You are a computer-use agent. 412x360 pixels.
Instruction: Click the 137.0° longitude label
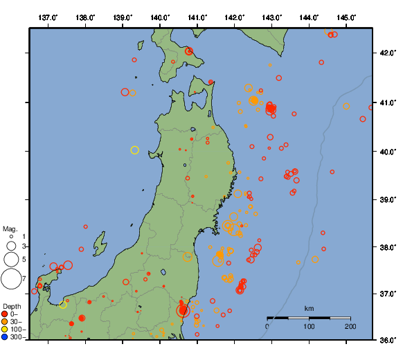click(x=48, y=17)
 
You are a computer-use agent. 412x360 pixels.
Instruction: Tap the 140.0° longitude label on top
click(x=160, y=17)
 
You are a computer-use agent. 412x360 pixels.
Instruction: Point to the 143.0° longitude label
click(x=272, y=17)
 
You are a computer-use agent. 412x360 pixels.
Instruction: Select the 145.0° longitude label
click(x=347, y=17)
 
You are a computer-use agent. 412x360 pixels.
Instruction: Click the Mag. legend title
click(x=10, y=228)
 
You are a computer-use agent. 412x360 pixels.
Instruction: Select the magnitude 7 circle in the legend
click(x=11, y=279)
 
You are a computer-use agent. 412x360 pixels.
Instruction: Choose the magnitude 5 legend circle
click(x=11, y=259)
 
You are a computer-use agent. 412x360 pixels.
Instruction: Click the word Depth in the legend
click(x=12, y=306)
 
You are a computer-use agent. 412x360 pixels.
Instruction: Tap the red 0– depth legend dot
click(x=6, y=315)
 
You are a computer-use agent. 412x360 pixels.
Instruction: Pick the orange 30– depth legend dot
click(x=6, y=323)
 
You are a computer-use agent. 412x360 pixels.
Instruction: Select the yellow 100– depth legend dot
click(x=6, y=330)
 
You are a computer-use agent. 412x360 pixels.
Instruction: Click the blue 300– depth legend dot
click(x=6, y=338)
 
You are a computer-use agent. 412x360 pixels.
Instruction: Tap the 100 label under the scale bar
click(x=309, y=326)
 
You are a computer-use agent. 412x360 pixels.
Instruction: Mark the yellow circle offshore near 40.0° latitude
click(x=135, y=150)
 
